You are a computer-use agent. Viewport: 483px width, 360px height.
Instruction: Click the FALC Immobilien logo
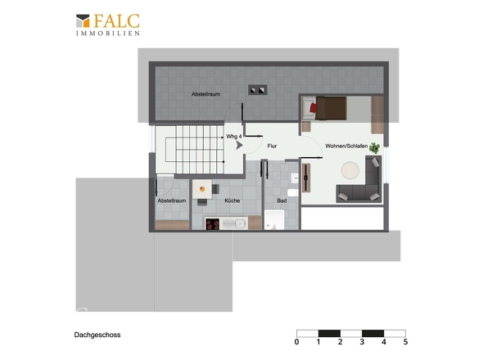[x=108, y=25]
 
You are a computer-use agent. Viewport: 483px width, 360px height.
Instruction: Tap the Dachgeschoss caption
[x=97, y=335]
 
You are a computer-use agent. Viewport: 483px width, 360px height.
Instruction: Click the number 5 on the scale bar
[x=405, y=341]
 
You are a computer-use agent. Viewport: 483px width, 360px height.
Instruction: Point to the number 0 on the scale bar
[x=296, y=341]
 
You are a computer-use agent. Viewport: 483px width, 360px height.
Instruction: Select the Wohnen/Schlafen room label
[x=346, y=146]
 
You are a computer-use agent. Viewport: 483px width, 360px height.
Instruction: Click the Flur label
[x=272, y=146]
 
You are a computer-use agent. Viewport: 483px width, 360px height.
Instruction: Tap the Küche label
[x=232, y=200]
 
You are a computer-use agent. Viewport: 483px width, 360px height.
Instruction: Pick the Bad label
[x=282, y=200]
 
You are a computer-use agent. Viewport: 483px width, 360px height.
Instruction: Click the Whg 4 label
[x=234, y=136]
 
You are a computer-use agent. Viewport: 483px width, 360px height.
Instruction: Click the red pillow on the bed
[x=314, y=108]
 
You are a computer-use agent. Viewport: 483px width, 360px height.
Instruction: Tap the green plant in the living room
[x=375, y=148]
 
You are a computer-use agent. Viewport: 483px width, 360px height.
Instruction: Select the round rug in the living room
[x=350, y=170]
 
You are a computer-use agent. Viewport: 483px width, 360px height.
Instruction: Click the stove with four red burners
[x=213, y=224]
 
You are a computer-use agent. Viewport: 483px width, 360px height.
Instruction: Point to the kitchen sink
[x=240, y=223]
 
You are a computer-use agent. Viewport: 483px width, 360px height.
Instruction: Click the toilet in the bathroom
[x=292, y=193]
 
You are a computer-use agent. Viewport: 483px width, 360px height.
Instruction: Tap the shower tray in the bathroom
[x=274, y=220]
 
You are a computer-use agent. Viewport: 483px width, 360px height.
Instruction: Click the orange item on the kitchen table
[x=202, y=189]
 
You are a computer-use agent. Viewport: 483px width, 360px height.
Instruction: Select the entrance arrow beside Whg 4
[x=239, y=146]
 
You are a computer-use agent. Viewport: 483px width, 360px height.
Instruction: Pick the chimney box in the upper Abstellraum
[x=258, y=90]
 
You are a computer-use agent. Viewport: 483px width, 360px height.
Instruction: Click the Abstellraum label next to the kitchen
[x=172, y=200]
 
